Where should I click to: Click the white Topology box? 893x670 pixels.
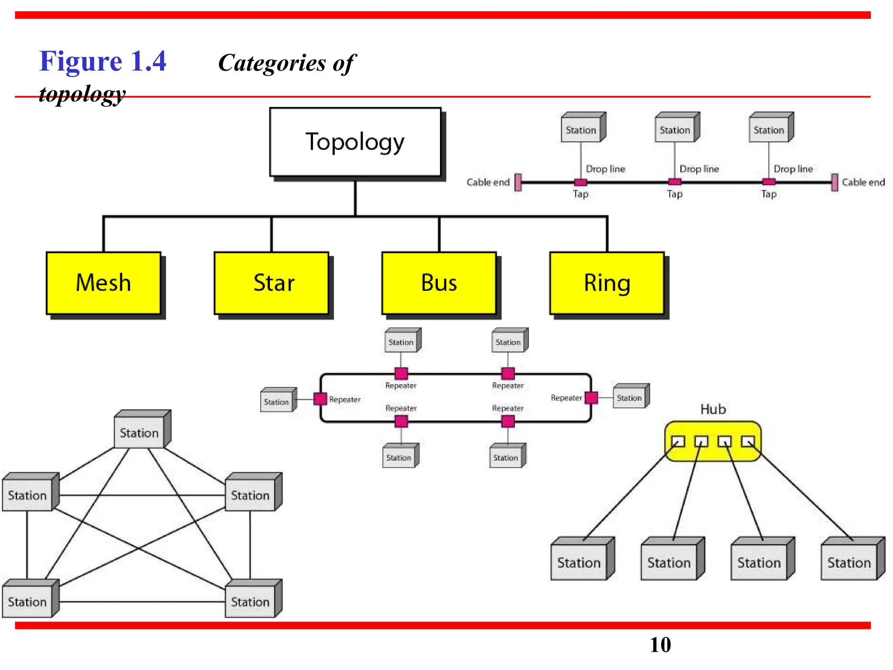pyautogui.click(x=355, y=142)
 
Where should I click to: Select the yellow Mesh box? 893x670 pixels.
pyautogui.click(x=103, y=283)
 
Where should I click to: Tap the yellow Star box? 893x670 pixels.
pyautogui.click(x=271, y=283)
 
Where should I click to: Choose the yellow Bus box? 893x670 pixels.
pyautogui.click(x=439, y=283)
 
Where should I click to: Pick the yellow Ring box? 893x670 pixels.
pyautogui.click(x=607, y=283)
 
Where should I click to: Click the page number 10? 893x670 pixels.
pyautogui.click(x=660, y=645)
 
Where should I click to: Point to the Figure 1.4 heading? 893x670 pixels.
pyautogui.click(x=103, y=61)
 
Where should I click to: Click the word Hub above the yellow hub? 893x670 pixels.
pyautogui.click(x=713, y=409)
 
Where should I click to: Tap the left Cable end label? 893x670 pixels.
pyautogui.click(x=487, y=182)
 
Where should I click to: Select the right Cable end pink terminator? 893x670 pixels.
pyautogui.click(x=834, y=182)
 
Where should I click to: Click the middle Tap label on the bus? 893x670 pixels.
pyautogui.click(x=674, y=194)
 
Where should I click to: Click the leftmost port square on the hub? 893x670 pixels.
pyautogui.click(x=678, y=441)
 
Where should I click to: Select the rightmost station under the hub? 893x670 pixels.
pyautogui.click(x=849, y=562)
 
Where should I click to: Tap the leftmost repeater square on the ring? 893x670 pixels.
pyautogui.click(x=320, y=399)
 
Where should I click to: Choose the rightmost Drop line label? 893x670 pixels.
pyautogui.click(x=793, y=169)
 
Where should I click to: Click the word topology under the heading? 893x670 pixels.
pyautogui.click(x=82, y=94)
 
